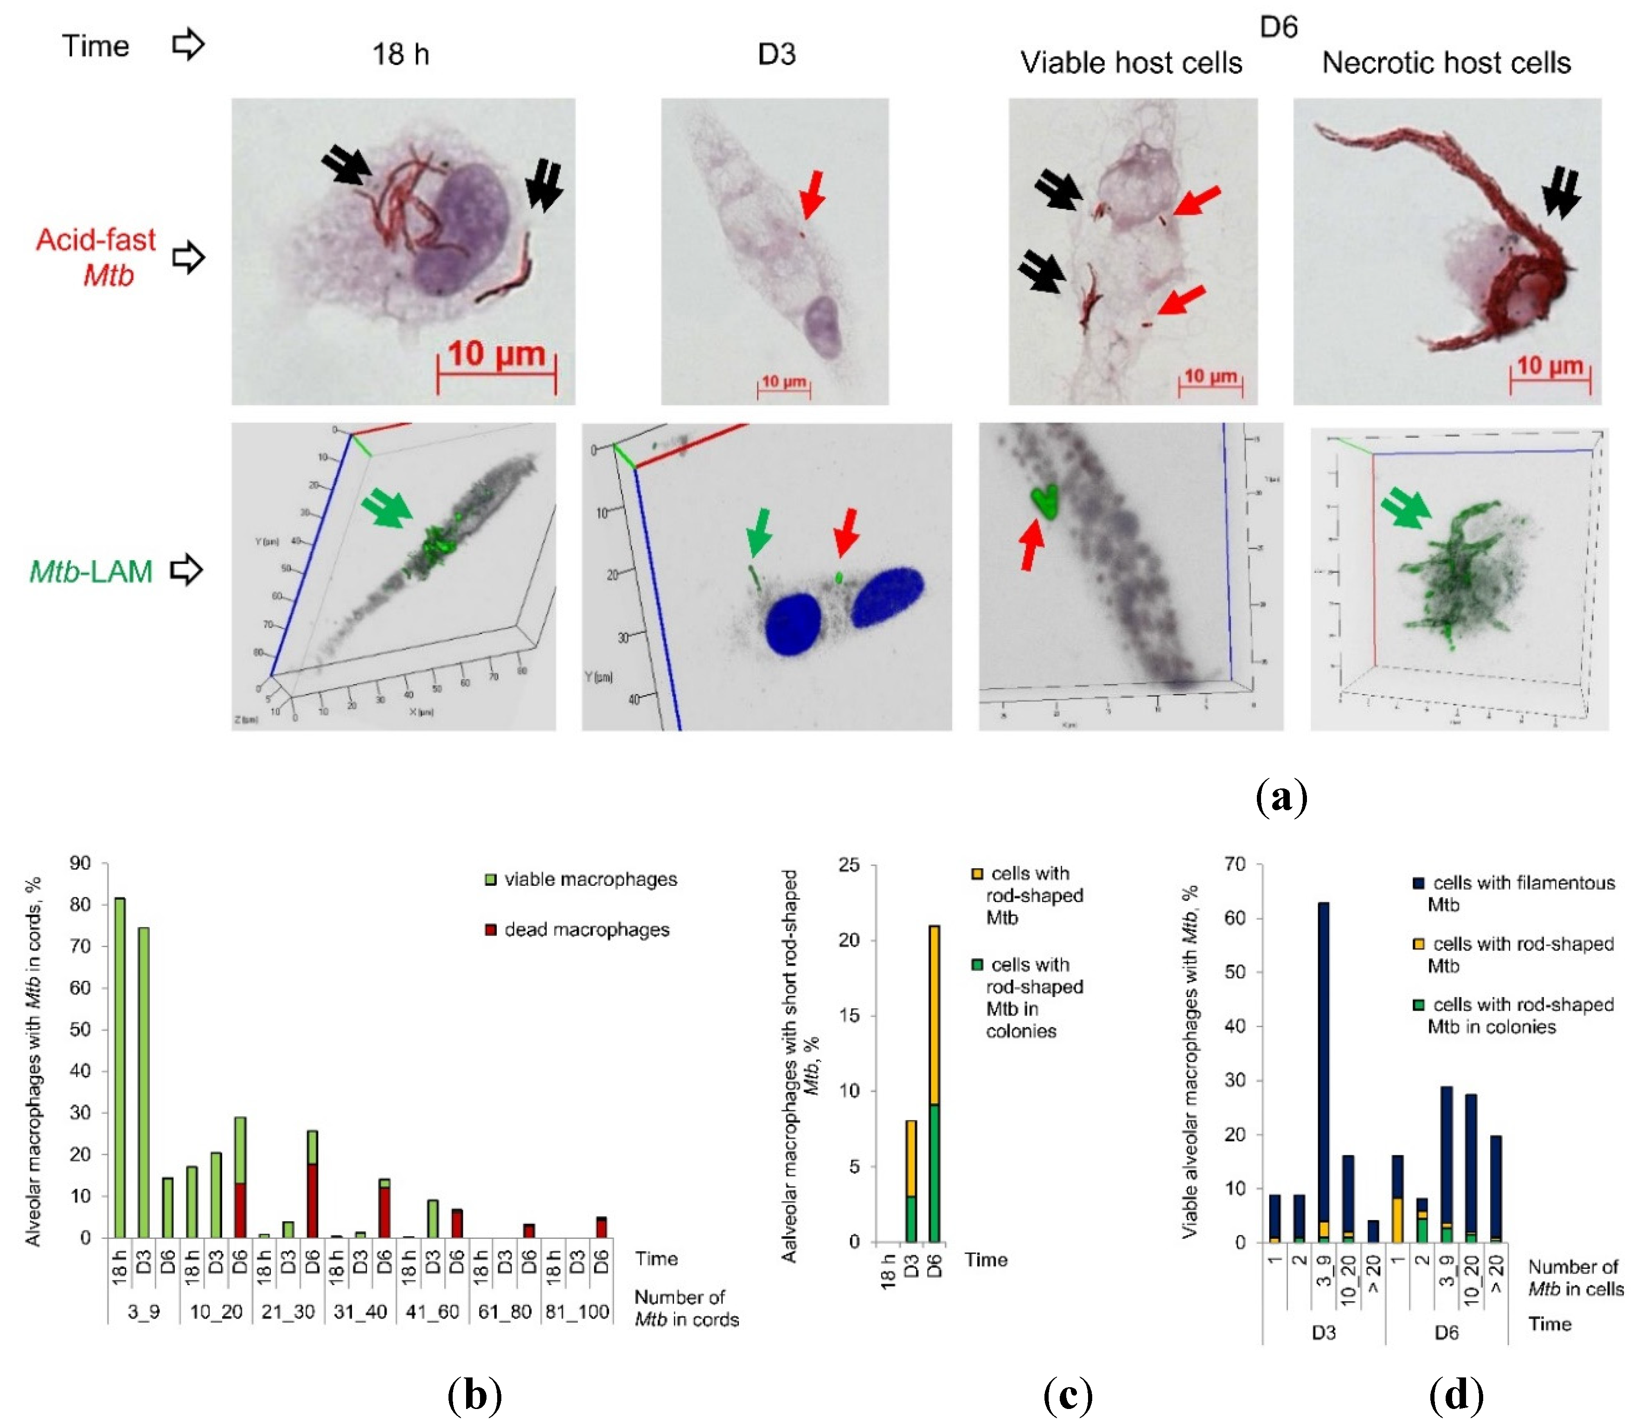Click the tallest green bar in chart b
tap(120, 1068)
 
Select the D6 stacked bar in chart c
tap(934, 1084)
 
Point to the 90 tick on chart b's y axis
tap(81, 863)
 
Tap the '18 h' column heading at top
tap(401, 54)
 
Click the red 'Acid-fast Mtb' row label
tap(96, 256)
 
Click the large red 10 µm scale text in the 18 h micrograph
tap(497, 354)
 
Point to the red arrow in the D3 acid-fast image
tap(813, 194)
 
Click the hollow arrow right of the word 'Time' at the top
tap(188, 45)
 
